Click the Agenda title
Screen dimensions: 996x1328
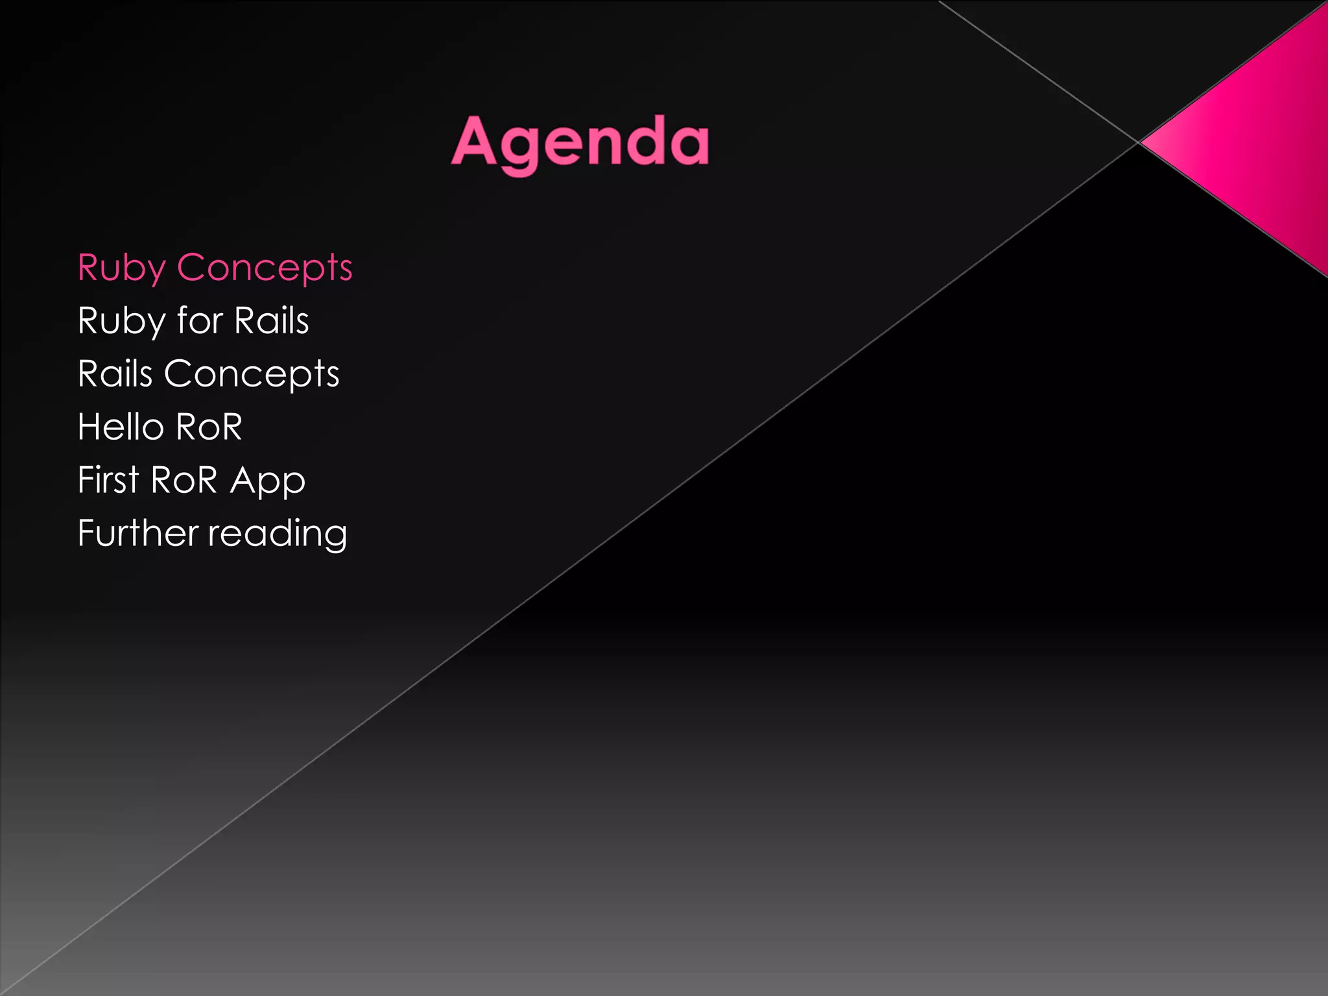pos(580,143)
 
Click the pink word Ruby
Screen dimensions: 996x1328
pos(121,268)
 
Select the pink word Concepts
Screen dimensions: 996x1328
pos(265,268)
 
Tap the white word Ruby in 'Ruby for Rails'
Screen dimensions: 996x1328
pos(121,322)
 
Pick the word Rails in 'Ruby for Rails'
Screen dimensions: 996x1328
pos(272,320)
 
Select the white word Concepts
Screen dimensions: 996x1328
pos(252,375)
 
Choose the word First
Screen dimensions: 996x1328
pos(108,480)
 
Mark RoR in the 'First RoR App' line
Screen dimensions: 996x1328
pos(184,480)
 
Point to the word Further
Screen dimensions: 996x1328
pos(137,533)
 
